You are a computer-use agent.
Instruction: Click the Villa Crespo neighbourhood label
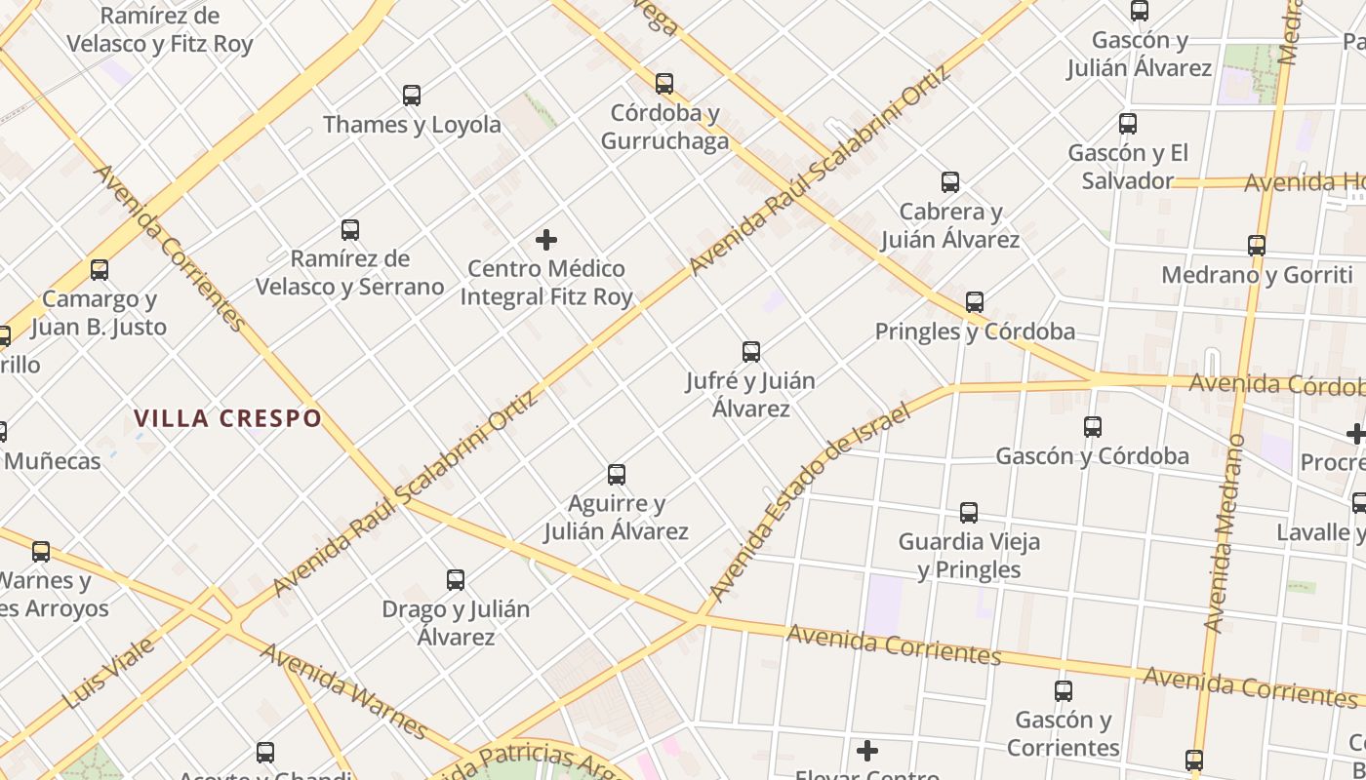click(227, 419)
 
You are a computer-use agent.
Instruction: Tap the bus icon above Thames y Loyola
click(412, 96)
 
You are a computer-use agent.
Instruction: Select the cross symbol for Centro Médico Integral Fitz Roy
click(546, 240)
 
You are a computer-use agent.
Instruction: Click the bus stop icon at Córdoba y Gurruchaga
click(664, 84)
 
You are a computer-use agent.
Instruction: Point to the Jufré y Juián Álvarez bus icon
click(751, 352)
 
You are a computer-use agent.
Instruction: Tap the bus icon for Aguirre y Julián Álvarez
click(617, 475)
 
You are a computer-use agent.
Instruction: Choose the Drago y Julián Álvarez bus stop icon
click(456, 580)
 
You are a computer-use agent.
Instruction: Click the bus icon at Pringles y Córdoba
click(975, 302)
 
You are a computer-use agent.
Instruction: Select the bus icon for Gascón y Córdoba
click(1093, 427)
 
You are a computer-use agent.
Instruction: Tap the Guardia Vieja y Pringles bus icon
click(969, 513)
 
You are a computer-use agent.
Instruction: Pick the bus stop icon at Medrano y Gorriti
click(1257, 246)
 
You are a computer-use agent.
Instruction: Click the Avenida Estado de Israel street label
click(809, 501)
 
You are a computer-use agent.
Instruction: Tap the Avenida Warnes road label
click(343, 690)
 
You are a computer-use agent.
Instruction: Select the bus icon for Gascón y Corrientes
click(1064, 691)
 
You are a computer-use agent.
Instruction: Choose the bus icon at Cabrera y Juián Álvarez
click(950, 182)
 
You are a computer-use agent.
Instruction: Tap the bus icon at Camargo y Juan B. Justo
click(100, 270)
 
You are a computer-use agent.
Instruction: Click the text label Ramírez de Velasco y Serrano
click(350, 273)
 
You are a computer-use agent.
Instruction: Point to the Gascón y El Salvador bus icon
click(1128, 124)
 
